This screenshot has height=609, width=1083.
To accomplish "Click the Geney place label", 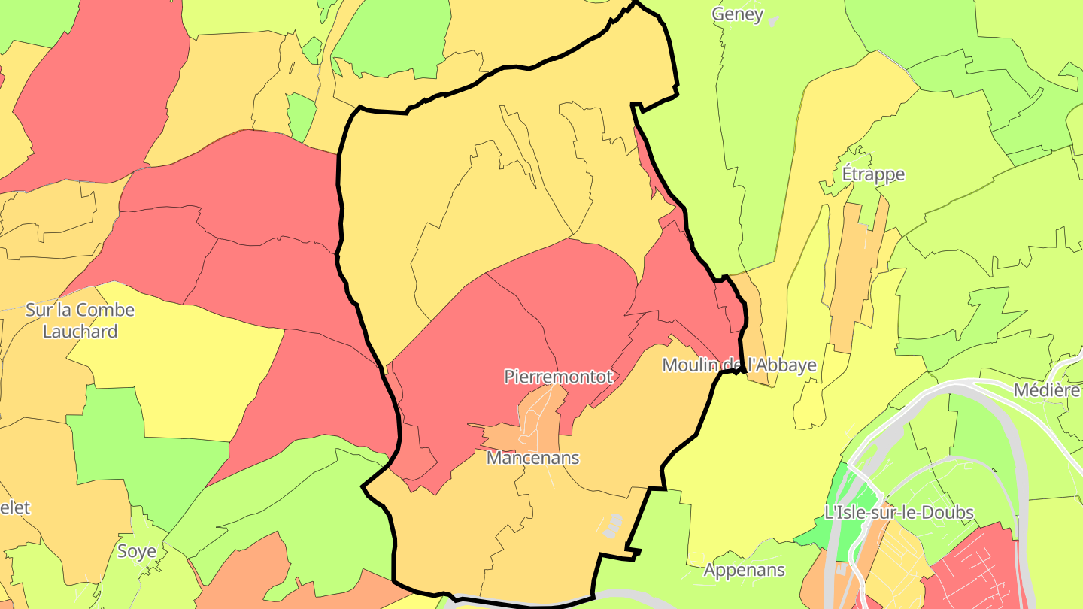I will tap(737, 14).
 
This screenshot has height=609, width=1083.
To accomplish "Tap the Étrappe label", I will tap(873, 174).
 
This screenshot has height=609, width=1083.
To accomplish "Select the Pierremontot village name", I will tap(559, 377).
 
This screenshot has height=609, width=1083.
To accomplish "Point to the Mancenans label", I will tap(533, 457).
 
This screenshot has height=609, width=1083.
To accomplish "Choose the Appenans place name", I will tap(744, 570).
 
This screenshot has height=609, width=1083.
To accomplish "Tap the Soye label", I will tap(137, 551).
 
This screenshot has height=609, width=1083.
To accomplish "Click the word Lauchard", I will tap(80, 331).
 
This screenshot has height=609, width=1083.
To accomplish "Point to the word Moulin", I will tap(690, 365).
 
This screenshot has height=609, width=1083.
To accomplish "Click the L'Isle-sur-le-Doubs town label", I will tap(899, 513).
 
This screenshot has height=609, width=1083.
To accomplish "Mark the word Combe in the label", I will tap(105, 310).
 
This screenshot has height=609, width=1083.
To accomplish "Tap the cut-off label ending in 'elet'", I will tap(14, 507).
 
